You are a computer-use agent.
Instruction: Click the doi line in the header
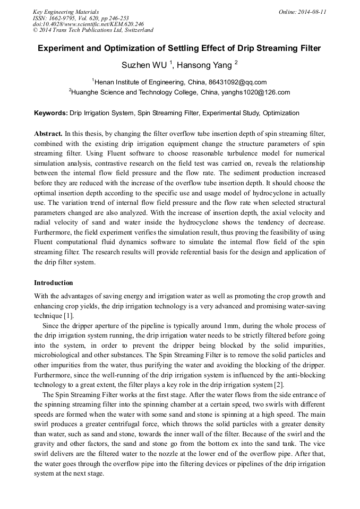tap(88, 24)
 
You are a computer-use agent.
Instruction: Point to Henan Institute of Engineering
tap(137, 82)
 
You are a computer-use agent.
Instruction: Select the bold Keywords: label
tap(51, 113)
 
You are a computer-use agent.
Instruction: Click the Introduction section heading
tap(54, 283)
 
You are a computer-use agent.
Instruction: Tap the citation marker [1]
tap(68, 316)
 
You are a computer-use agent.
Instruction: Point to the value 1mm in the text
tap(232, 325)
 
